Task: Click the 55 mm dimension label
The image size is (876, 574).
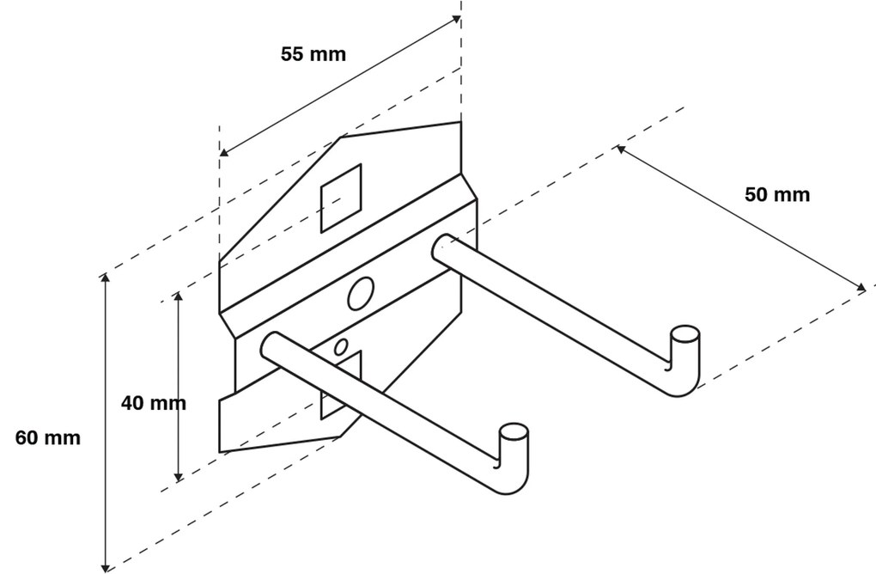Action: [313, 54]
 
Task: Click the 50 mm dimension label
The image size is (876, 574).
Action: [776, 195]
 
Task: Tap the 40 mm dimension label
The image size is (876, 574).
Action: [153, 402]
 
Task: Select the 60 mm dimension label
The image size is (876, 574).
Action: [48, 438]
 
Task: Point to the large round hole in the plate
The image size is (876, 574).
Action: [360, 294]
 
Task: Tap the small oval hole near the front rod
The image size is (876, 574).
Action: [341, 347]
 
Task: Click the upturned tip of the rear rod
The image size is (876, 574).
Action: [685, 334]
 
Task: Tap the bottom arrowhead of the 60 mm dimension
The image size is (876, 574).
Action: [106, 566]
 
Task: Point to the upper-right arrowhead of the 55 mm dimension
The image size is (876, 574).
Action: [456, 19]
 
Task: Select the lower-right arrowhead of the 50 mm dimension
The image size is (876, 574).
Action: [861, 289]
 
